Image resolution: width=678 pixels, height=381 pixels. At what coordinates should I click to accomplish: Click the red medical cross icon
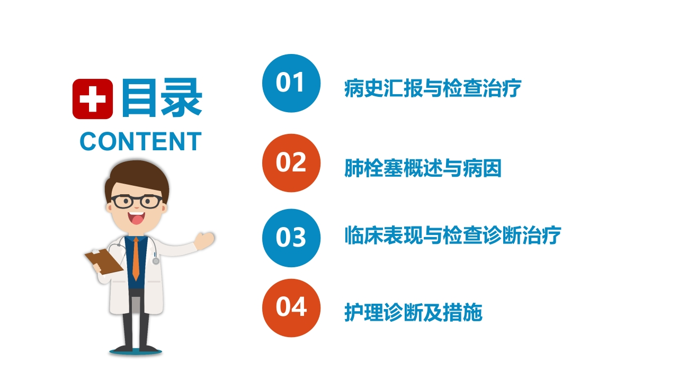coord(93,99)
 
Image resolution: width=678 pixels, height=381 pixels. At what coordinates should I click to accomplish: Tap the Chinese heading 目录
coord(162,97)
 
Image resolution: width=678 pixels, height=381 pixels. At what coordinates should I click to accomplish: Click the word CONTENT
coord(141,141)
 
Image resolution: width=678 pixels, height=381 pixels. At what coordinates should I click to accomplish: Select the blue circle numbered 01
coord(291,83)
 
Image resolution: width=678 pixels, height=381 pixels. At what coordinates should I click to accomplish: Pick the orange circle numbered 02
coord(291,163)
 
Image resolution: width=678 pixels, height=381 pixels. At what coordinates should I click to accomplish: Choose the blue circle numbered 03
coord(291,238)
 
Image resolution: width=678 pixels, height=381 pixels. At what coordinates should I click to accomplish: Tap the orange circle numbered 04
coord(291,308)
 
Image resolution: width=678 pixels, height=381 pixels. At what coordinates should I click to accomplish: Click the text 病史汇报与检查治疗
coord(433,88)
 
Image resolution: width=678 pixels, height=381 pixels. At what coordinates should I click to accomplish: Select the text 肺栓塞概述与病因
coord(423,168)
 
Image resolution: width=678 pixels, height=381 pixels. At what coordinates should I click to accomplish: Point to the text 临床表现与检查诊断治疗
coord(453,235)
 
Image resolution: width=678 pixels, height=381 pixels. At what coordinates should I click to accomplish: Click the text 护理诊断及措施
coord(413,312)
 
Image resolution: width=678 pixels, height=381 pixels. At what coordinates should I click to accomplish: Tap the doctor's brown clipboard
coord(104,261)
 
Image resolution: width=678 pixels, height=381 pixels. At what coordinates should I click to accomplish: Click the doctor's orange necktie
coord(136,259)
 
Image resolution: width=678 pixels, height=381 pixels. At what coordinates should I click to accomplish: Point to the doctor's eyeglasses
coord(137,202)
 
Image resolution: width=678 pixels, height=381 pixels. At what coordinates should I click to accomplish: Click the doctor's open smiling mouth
coord(136,217)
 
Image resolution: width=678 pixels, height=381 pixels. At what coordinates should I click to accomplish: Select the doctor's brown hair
coord(137,178)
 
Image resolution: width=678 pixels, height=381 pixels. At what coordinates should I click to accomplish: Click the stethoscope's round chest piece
coord(156,261)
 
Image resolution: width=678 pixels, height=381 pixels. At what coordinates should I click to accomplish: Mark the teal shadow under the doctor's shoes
coord(136,352)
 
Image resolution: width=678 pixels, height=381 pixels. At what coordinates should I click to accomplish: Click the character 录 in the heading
coord(182,97)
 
